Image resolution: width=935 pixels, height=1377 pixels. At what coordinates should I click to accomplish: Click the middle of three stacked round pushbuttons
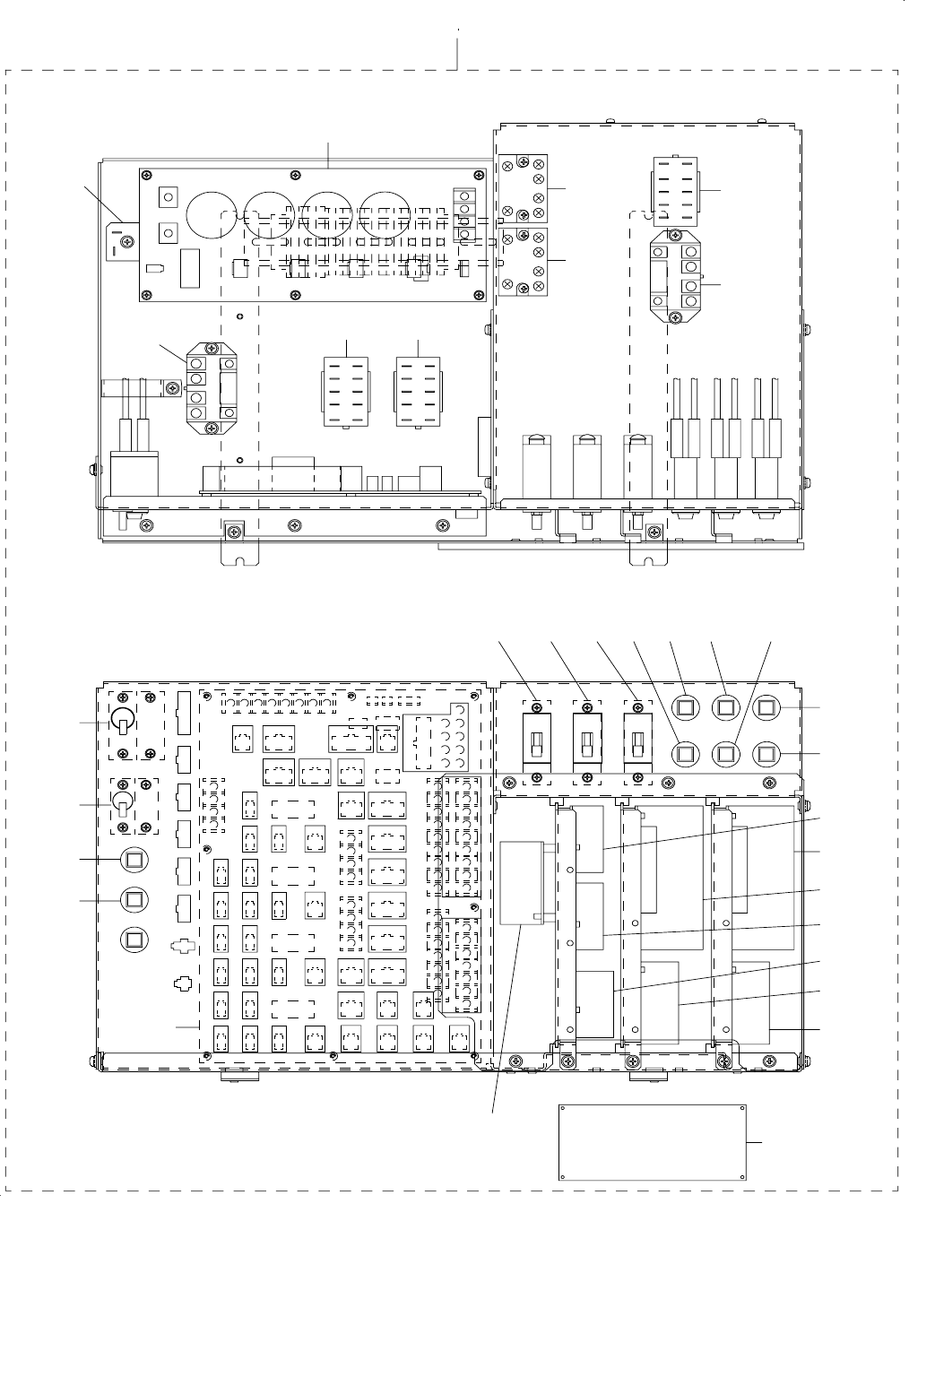(x=134, y=898)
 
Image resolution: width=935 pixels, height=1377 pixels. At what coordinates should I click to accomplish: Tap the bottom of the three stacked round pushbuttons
(x=134, y=939)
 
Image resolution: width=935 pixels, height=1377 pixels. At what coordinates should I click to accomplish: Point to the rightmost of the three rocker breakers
(x=636, y=741)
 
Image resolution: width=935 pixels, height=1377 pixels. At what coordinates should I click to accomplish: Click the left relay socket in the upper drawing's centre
(x=343, y=393)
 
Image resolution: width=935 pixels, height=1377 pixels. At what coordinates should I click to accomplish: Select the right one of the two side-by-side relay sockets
(x=418, y=393)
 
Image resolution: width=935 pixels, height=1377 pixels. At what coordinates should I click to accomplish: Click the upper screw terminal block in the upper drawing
(x=524, y=188)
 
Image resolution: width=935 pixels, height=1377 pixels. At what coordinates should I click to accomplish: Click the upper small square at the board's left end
(x=166, y=197)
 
